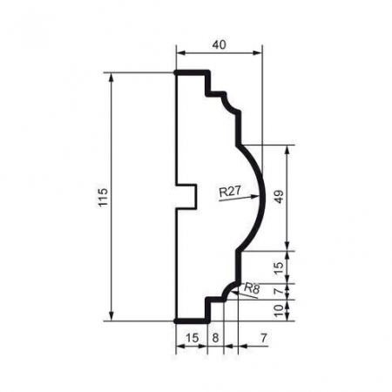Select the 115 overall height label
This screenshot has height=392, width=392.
click(x=103, y=196)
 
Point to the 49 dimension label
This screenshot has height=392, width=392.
click(x=280, y=197)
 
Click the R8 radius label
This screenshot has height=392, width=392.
click(x=252, y=287)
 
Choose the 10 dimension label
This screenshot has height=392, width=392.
click(x=280, y=310)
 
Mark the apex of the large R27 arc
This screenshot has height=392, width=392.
click(x=260, y=197)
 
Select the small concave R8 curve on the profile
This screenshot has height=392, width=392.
click(x=230, y=287)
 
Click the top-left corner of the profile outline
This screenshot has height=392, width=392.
click(x=177, y=72)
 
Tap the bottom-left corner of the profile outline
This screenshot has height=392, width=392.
click(x=177, y=321)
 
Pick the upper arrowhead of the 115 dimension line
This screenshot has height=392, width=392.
click(x=112, y=77)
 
